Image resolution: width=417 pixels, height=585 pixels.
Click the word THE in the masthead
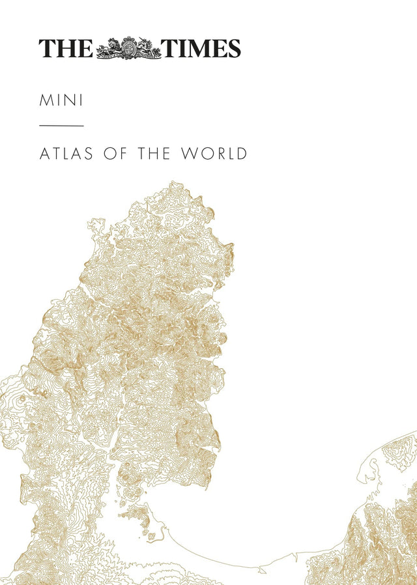coord(66,48)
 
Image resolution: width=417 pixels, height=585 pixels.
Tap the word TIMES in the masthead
coord(201,48)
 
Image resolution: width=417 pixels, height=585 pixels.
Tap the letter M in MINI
coord(46,101)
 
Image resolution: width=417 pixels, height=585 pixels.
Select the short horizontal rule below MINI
coord(61,125)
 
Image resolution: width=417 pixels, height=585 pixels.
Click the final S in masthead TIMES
coord(233,48)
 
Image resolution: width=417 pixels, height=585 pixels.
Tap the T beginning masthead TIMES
coord(169,48)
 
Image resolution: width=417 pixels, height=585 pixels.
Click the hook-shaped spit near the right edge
coord(373,466)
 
